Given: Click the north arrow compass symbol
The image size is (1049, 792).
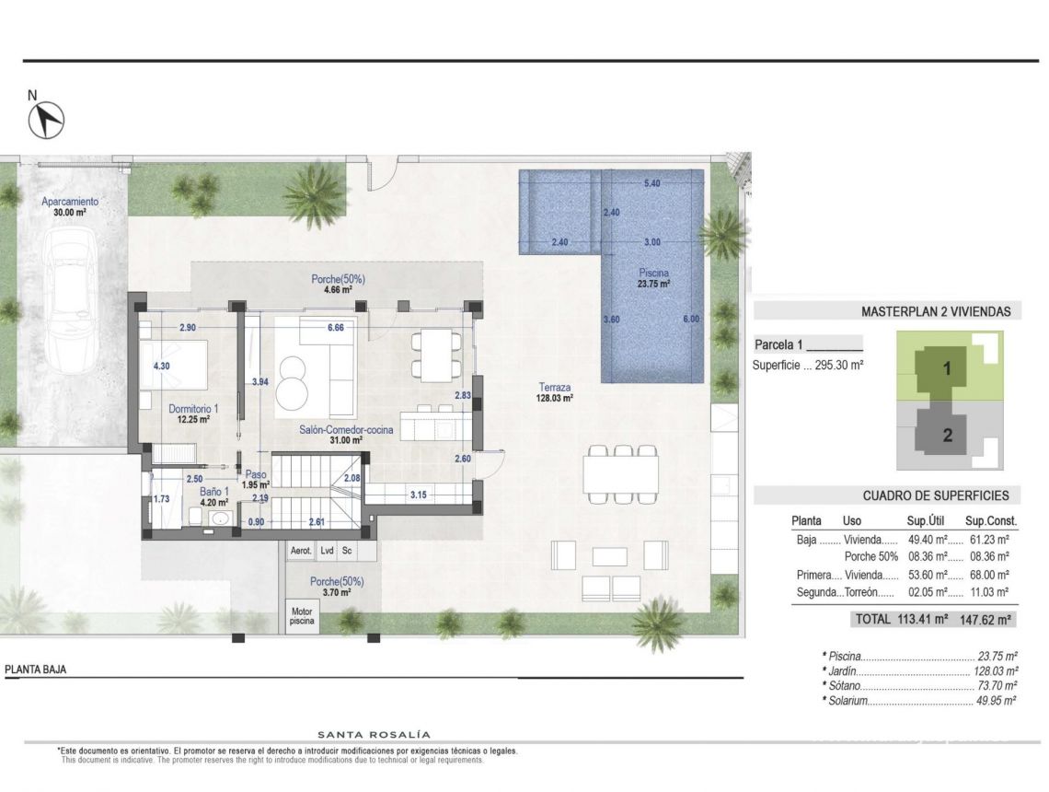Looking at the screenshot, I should (x=49, y=117).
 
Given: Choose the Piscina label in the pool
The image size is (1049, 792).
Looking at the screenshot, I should (x=654, y=273).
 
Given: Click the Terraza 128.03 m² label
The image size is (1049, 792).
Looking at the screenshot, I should (x=558, y=392).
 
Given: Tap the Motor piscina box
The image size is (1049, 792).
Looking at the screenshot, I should (x=301, y=616).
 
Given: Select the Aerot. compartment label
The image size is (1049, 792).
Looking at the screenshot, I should (x=301, y=551).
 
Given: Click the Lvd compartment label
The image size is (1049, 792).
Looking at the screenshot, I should (x=327, y=551).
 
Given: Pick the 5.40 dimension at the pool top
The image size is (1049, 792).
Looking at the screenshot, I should (x=651, y=184).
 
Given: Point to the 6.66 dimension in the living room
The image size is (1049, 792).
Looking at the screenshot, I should (x=336, y=328).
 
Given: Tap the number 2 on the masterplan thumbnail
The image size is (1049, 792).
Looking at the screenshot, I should (x=947, y=436).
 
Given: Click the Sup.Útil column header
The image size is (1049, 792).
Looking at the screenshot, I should (x=927, y=521).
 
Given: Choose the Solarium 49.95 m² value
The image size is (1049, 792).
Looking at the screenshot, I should (x=996, y=701).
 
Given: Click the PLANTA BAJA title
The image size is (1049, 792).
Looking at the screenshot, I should (x=36, y=670).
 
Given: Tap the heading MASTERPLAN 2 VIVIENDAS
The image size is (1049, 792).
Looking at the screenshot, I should (x=935, y=311).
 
